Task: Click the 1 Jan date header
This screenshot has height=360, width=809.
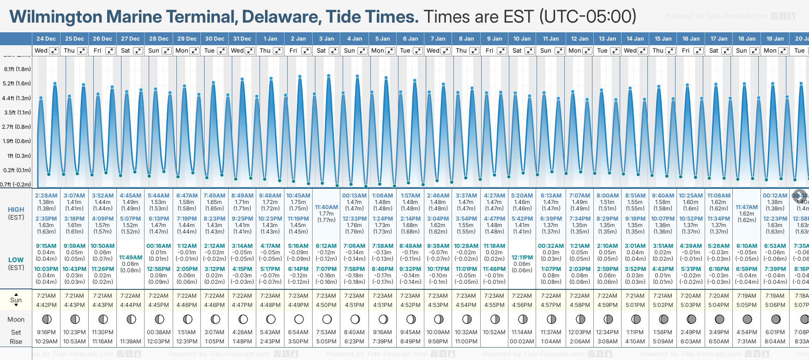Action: click(270, 39)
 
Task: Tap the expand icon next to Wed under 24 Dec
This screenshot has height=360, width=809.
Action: click(54, 51)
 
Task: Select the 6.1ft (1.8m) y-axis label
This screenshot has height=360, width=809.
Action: click(18, 69)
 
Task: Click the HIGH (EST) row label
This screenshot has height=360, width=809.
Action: click(16, 213)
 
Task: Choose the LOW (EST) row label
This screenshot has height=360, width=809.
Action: click(16, 264)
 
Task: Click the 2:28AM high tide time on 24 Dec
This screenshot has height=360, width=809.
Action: click(46, 196)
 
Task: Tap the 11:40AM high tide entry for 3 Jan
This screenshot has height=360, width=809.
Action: click(326, 207)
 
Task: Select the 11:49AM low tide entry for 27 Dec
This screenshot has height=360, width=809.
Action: click(131, 258)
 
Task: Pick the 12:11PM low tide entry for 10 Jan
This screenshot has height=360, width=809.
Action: click(522, 258)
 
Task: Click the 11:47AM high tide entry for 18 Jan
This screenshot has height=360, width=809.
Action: click(747, 207)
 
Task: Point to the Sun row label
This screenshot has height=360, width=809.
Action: click(16, 300)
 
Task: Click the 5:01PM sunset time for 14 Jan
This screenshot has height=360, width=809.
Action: click(635, 305)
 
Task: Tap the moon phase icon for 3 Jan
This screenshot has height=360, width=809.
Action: click(327, 319)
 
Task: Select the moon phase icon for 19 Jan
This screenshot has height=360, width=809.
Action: click(775, 319)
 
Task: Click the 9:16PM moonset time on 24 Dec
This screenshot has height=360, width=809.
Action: click(46, 332)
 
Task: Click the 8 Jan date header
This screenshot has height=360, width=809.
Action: click(466, 39)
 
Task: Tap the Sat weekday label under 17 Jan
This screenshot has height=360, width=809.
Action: click(713, 51)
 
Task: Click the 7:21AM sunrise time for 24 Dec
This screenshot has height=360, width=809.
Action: click(46, 296)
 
